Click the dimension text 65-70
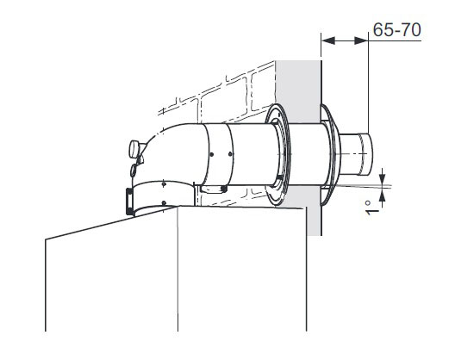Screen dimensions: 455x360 (x=396, y=29)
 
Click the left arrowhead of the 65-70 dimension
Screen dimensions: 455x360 (x=328, y=40)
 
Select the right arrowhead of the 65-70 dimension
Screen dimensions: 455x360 (x=361, y=40)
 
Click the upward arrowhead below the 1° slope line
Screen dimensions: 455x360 (x=382, y=196)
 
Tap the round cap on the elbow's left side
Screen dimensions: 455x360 (x=134, y=149)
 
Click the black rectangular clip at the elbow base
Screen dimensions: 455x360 (x=129, y=202)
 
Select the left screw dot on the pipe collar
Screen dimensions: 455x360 (x=212, y=154)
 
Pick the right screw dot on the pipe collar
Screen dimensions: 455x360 (x=230, y=154)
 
